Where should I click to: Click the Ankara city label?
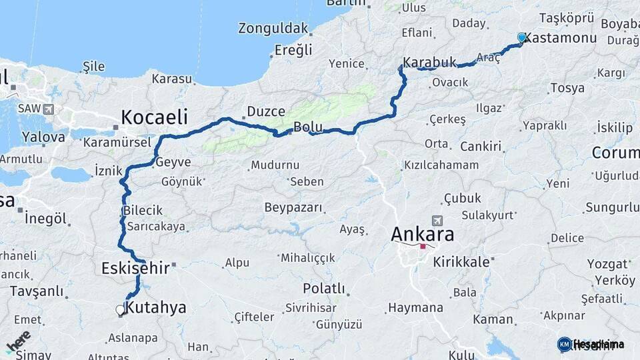[x=422, y=234]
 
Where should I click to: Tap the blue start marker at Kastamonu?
[x=522, y=37]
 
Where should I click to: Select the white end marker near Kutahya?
[x=121, y=309]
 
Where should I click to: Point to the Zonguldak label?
[x=273, y=29]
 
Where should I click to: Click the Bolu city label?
[x=308, y=127]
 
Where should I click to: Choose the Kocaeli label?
[x=154, y=117]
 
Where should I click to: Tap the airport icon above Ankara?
[x=437, y=220]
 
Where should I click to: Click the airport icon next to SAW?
[x=48, y=108]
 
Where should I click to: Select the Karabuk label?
[x=430, y=62]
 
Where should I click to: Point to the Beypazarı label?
[x=293, y=207]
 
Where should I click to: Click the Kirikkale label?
[x=461, y=262]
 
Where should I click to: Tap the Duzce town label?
[x=266, y=111]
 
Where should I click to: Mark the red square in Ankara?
[x=423, y=247]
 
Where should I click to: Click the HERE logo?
[x=18, y=341]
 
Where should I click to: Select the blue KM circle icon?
[x=564, y=344]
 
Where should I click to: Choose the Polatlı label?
[x=324, y=289]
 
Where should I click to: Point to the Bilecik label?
[x=143, y=211]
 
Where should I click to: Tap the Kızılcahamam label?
[x=441, y=165]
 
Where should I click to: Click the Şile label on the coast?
[x=93, y=66]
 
